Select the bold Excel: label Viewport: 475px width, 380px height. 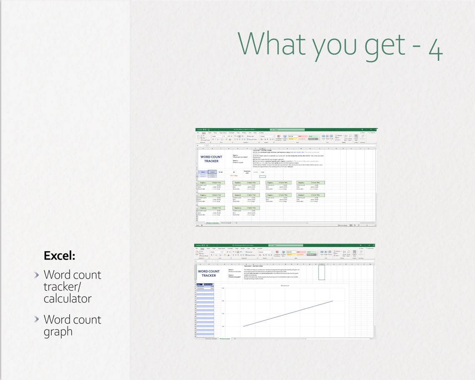pos(59,256)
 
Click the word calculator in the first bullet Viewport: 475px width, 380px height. pos(67,298)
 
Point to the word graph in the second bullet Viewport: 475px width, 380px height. pos(58,332)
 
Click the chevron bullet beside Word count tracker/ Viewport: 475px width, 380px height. pos(37,275)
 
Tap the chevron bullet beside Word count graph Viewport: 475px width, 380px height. pos(37,319)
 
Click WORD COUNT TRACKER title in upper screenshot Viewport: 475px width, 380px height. pos(211,159)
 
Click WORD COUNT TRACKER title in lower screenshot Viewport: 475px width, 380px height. pos(209,273)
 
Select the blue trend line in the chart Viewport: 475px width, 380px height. pos(287,313)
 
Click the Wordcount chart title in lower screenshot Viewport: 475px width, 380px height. pos(285,286)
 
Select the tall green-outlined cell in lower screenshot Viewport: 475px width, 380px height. pos(322,272)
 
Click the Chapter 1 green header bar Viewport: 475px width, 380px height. pos(211,182)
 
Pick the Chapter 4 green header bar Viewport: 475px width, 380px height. pos(310,182)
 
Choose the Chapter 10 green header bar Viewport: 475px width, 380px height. pos(246,207)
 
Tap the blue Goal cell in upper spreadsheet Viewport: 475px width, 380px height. pos(203,172)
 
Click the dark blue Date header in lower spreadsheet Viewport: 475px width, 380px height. pos(199,284)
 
